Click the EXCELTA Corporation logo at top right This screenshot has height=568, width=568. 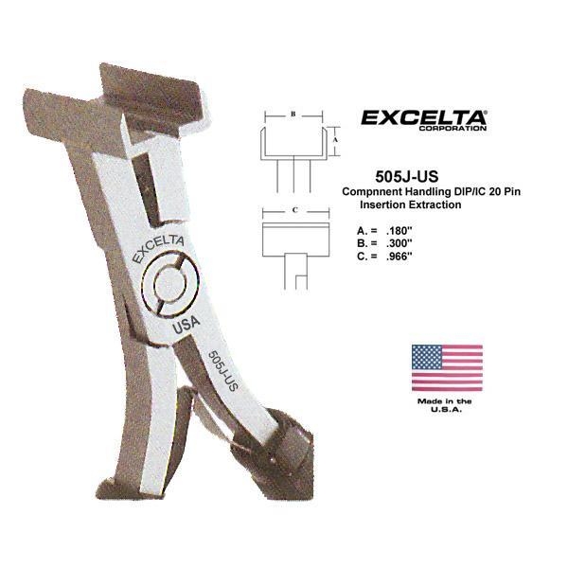(424, 120)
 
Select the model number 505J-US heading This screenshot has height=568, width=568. (407, 177)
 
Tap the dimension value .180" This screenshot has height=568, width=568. (399, 231)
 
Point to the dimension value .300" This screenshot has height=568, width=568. (399, 243)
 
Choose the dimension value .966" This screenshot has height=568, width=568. (399, 257)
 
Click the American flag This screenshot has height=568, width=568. (447, 368)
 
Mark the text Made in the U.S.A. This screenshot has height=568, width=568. (445, 405)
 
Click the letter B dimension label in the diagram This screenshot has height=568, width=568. (293, 114)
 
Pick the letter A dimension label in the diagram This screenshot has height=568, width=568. (335, 140)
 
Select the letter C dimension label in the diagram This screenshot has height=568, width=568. (295, 210)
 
